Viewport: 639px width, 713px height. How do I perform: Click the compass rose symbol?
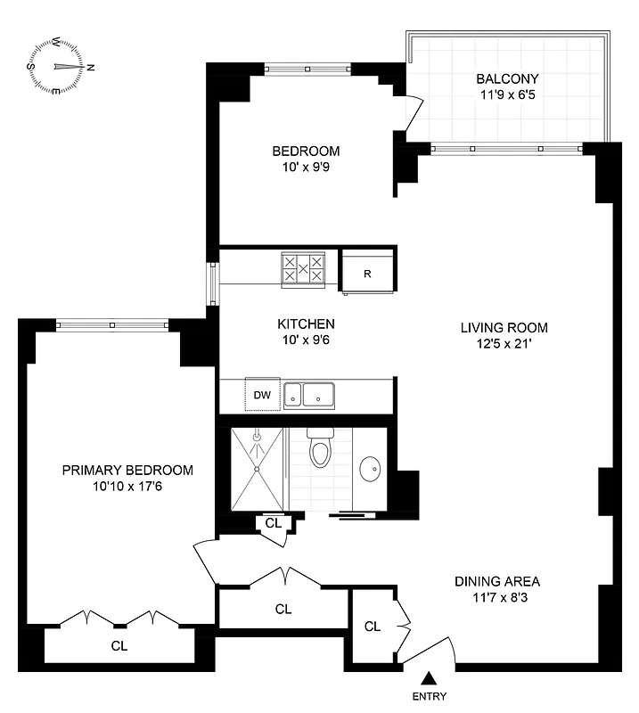click(x=61, y=67)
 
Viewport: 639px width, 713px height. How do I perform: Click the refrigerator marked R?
click(x=367, y=273)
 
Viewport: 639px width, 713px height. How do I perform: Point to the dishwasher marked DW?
click(x=263, y=394)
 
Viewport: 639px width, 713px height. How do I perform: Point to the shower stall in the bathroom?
click(x=257, y=468)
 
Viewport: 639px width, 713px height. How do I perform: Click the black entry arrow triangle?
click(x=429, y=678)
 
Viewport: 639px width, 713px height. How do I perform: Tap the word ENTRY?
click(x=429, y=697)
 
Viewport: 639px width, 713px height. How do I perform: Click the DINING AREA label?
click(x=496, y=582)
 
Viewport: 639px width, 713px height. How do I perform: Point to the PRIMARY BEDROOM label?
click(x=127, y=471)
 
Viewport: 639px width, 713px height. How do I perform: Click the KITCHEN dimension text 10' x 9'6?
click(x=306, y=340)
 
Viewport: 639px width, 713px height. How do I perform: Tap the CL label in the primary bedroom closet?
click(x=119, y=646)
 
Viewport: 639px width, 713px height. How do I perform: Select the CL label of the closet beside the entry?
click(x=373, y=627)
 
